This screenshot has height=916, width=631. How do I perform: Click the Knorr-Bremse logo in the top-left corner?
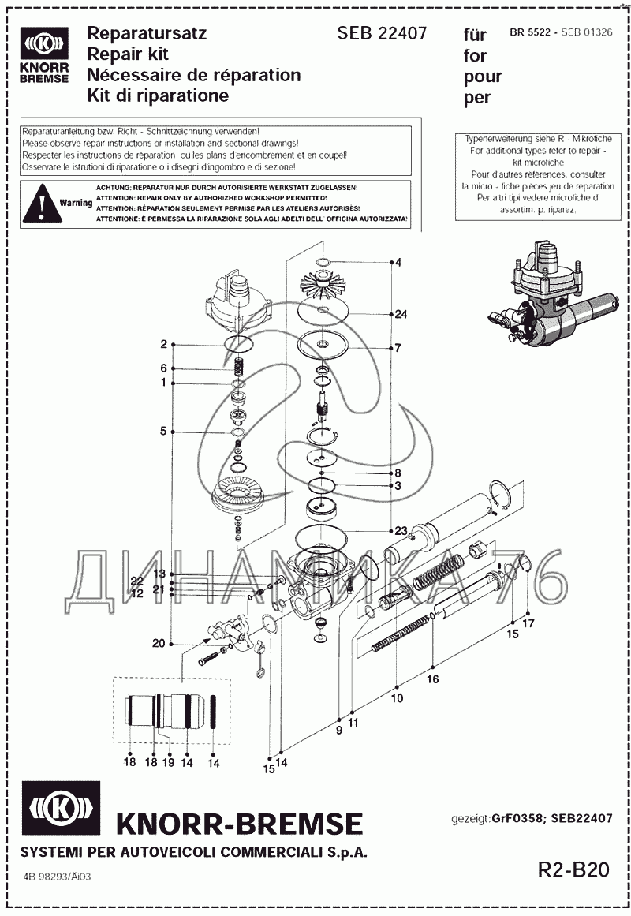click(x=45, y=54)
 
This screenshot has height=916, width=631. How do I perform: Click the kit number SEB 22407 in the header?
click(x=382, y=33)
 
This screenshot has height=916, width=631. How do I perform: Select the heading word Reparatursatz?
click(x=146, y=33)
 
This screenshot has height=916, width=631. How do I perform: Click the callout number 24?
click(x=401, y=314)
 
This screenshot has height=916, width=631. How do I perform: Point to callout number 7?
click(x=398, y=348)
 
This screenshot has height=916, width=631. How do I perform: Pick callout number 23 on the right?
click(x=401, y=530)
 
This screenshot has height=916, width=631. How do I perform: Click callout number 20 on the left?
click(x=159, y=644)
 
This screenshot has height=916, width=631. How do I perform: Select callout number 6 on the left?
click(x=163, y=368)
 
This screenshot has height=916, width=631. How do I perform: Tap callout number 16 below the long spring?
click(x=433, y=679)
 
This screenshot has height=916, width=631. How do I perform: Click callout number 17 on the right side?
click(x=528, y=623)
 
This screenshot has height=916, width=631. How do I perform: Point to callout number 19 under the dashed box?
click(x=168, y=763)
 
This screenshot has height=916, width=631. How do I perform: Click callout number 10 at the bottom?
click(x=397, y=698)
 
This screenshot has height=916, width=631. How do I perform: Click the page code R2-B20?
click(x=573, y=869)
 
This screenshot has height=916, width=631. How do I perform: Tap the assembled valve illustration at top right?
click(x=552, y=296)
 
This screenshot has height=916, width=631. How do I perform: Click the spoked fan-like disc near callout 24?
click(x=324, y=283)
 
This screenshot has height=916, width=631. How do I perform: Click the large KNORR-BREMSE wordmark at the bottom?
click(x=239, y=824)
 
